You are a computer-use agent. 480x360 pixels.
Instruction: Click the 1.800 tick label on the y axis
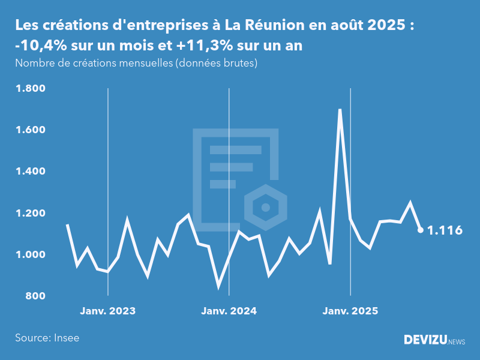(x=30, y=89)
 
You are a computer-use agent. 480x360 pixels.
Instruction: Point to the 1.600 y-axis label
(x=30, y=130)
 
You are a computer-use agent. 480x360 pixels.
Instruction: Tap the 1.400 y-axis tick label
(x=30, y=172)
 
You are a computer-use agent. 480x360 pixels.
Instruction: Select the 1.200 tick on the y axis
(x=30, y=214)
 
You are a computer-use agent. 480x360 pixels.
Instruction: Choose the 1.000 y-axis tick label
(x=30, y=255)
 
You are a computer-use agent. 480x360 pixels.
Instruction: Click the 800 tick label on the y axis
(x=34, y=296)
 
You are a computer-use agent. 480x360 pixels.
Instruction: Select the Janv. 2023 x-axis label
(x=108, y=311)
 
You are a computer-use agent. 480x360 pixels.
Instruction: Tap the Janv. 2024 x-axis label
(x=229, y=311)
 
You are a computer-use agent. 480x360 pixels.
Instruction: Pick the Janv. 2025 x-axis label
(x=350, y=311)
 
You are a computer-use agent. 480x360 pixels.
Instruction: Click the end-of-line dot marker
(x=421, y=230)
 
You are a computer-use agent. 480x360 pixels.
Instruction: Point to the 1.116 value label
(x=445, y=230)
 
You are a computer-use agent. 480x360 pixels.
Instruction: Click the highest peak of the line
(x=340, y=110)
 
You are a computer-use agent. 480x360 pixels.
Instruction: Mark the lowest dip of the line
(x=218, y=286)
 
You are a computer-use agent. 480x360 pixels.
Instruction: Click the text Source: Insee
(x=47, y=338)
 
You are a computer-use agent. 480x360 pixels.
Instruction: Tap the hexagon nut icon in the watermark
(x=264, y=208)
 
